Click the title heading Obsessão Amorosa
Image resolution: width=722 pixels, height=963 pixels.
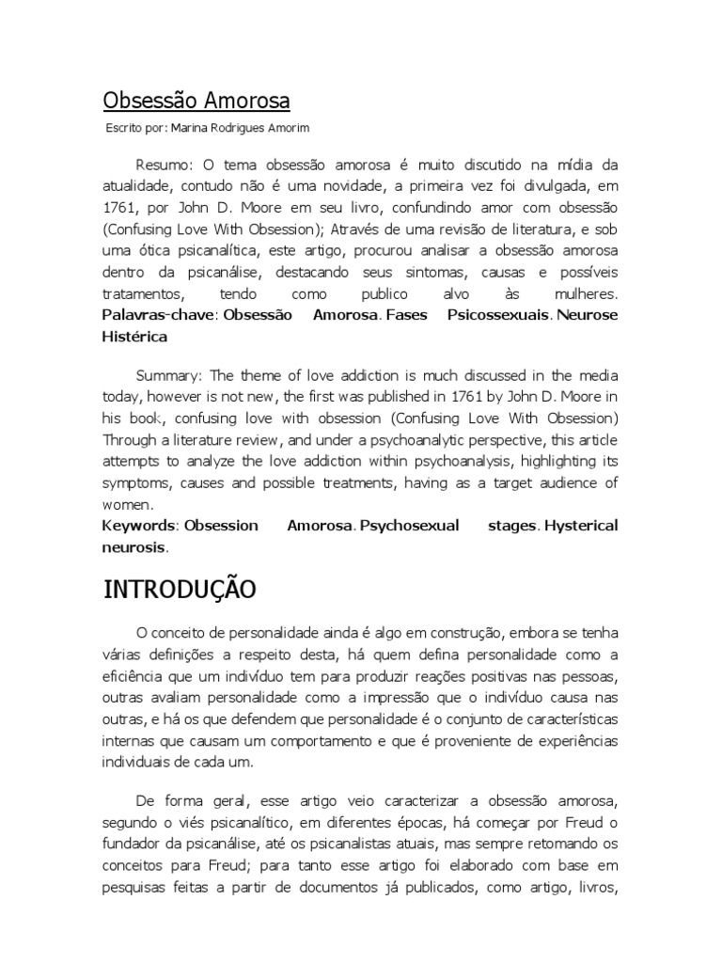pos(196,101)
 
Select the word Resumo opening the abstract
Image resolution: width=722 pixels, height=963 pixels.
pos(162,166)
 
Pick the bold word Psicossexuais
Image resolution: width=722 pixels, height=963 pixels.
pos(498,314)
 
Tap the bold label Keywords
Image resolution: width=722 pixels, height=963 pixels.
pos(139,526)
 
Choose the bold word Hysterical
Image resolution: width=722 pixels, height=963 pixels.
pos(581,526)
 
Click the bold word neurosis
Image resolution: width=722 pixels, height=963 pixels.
pos(133,546)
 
